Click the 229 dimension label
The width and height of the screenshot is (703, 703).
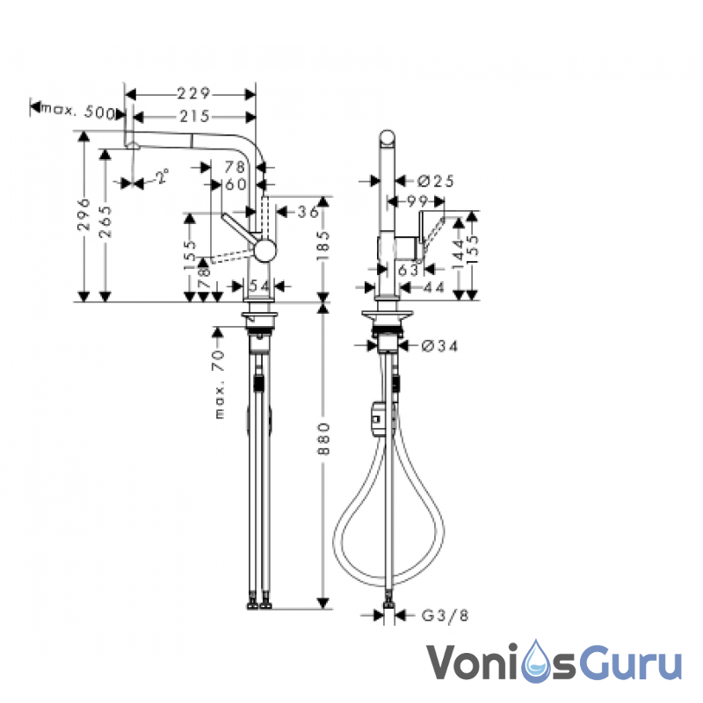193,94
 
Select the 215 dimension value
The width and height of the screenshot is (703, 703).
194,117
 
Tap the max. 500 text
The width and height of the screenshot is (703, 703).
77,112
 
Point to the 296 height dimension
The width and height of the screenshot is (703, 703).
83,214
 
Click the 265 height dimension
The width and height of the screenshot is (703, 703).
105,221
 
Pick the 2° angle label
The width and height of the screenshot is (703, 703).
163,176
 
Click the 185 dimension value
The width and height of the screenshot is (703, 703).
323,245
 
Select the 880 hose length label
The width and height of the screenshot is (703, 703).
323,438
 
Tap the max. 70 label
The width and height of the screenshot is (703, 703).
218,385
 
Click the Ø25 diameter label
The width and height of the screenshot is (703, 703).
436,181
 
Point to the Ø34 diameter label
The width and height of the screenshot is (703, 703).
439,345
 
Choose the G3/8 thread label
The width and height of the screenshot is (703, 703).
446,616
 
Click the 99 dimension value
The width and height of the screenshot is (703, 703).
418,201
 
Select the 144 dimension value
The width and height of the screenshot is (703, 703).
458,254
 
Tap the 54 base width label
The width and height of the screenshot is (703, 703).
259,286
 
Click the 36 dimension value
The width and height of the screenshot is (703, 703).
308,212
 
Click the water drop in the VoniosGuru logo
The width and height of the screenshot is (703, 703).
538,662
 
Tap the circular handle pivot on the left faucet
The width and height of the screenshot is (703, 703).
265,250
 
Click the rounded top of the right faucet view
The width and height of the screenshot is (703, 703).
388,138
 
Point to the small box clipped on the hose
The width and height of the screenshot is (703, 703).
376,419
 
